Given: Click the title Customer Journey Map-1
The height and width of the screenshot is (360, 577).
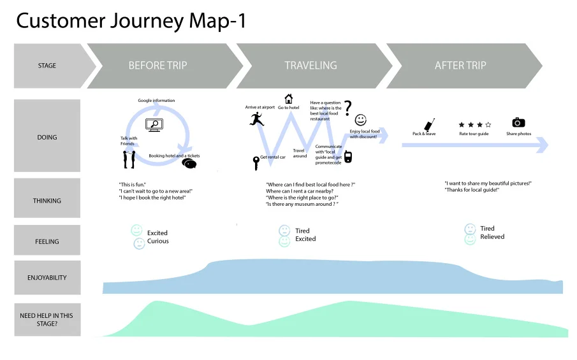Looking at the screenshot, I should (x=131, y=20).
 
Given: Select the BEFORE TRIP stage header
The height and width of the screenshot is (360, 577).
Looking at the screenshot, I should (x=157, y=66).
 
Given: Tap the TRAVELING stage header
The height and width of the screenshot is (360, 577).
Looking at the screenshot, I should (x=310, y=66).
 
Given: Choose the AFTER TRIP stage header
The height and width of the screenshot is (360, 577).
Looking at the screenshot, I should (x=460, y=66).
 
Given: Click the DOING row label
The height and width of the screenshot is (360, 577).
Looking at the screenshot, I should (x=47, y=137).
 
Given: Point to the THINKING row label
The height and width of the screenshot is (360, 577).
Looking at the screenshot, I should (x=47, y=201).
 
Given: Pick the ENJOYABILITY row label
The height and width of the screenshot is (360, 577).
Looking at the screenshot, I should (x=47, y=278).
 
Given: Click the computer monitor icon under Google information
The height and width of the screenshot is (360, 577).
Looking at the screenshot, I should (x=154, y=126).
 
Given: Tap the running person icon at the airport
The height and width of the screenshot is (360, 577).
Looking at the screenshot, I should (x=256, y=118).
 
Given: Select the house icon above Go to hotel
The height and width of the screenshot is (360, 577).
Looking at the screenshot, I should (x=289, y=99).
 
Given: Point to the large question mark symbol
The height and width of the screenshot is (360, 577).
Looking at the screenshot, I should (x=347, y=108).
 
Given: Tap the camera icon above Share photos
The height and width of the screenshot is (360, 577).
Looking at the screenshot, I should (x=518, y=122).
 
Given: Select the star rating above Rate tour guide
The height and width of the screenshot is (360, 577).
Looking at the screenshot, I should (x=474, y=125).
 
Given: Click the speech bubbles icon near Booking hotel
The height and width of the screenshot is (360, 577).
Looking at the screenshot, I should (x=189, y=163).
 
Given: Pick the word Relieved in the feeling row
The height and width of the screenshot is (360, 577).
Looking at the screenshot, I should (x=492, y=236).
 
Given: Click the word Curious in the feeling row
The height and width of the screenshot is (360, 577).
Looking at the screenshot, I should (x=158, y=241).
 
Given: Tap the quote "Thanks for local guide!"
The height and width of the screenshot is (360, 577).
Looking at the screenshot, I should (x=472, y=190).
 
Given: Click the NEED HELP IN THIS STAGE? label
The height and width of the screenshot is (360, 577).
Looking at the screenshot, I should (x=47, y=320).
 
